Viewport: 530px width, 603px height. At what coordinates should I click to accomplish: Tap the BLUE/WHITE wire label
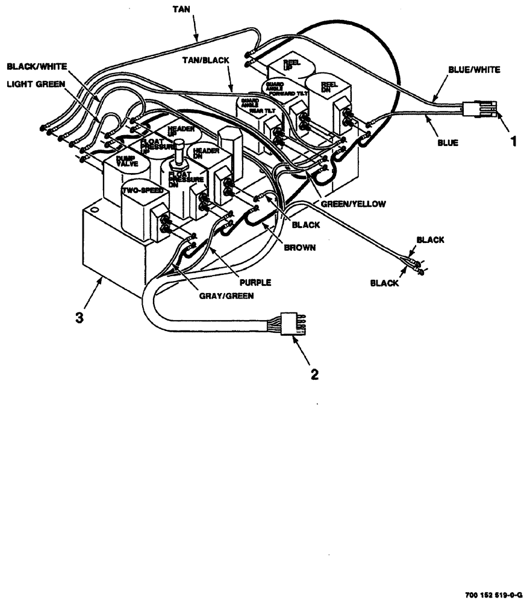coord(474,69)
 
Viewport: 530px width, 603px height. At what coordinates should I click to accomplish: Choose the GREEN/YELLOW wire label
coord(352,204)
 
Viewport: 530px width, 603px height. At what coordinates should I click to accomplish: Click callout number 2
coord(314,374)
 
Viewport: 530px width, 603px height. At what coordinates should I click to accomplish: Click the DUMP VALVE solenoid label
coord(128,161)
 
